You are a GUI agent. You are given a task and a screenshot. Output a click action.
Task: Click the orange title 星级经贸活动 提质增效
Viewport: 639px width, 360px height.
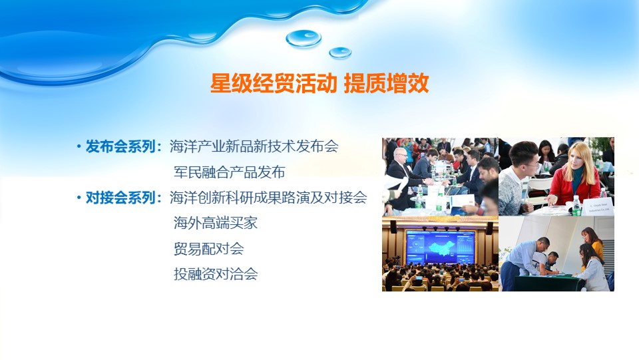point(319,83)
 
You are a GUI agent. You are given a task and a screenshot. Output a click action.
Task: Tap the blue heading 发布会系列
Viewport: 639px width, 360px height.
point(120,146)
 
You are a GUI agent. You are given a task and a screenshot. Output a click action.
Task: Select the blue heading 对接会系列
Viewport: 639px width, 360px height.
point(120,198)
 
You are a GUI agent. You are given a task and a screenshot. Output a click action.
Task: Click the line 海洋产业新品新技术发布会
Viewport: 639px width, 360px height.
point(254,146)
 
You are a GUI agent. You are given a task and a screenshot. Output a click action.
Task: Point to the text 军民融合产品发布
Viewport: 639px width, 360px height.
point(230,172)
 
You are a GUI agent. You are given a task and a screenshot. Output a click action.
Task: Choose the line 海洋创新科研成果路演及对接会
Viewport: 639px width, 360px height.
point(268,198)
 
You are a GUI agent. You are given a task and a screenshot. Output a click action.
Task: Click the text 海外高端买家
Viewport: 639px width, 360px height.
point(216,223)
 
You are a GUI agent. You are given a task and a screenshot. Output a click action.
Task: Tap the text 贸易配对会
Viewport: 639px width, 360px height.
point(208,249)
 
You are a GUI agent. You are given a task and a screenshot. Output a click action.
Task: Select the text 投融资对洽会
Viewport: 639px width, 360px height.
point(216,274)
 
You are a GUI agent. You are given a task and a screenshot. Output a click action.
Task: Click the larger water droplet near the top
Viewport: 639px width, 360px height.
point(304,39)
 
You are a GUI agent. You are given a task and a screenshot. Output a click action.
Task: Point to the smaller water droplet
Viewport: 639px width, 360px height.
point(340,53)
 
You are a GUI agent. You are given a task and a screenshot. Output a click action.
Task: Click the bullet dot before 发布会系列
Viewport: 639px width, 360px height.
point(79,147)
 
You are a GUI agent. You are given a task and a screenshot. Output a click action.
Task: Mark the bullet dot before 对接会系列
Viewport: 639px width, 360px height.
point(79,198)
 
